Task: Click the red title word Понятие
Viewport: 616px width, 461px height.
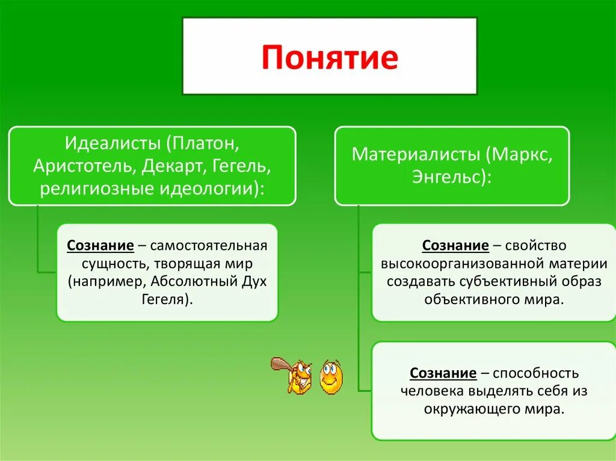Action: (x=329, y=58)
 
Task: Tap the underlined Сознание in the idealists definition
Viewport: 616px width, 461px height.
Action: (x=100, y=246)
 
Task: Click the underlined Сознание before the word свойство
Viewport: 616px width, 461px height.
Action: (x=455, y=246)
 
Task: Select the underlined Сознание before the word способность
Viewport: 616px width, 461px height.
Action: (x=443, y=373)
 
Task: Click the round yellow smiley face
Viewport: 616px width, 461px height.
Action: (x=330, y=377)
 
